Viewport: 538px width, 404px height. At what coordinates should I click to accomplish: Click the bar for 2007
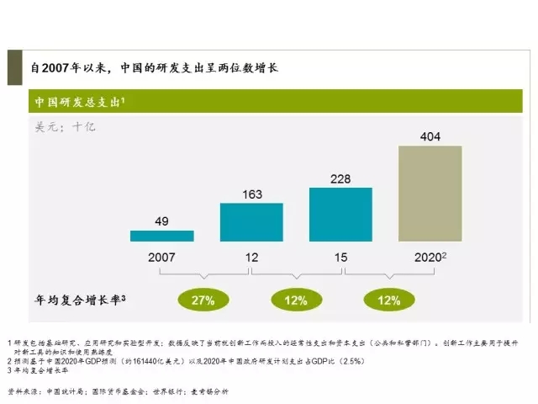(x=161, y=236)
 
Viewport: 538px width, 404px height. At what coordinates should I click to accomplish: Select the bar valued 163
(x=251, y=222)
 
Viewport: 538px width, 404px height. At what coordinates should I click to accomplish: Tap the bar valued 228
(x=340, y=215)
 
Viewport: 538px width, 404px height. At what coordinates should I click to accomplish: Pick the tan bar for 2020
(x=430, y=194)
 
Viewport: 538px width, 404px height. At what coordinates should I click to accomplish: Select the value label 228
(x=340, y=179)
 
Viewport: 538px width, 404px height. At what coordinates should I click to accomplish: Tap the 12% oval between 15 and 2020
(x=386, y=300)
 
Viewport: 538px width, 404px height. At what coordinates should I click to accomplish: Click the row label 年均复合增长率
(x=80, y=299)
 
